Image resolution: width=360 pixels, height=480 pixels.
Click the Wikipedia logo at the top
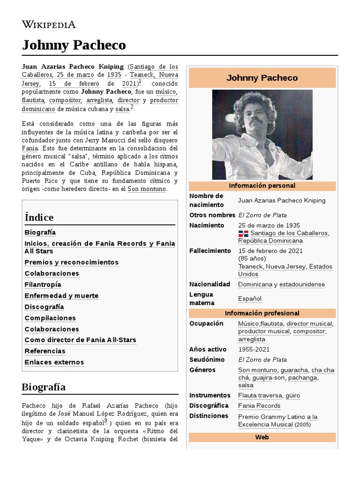point(49,24)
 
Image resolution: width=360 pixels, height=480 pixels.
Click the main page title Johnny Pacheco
point(74,45)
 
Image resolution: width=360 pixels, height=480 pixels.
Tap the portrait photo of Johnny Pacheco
point(262,135)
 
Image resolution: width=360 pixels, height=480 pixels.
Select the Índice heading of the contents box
point(39,217)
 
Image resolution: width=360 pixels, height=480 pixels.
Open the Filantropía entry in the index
point(43,285)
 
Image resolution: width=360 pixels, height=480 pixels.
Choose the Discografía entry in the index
point(44,307)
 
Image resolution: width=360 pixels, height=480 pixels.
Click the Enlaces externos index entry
point(54,362)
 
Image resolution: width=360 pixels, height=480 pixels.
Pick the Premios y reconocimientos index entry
point(71,262)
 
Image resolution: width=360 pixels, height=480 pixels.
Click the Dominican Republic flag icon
point(243,233)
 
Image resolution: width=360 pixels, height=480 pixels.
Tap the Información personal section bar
point(262,186)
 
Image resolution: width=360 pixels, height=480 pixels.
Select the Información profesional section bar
point(262,313)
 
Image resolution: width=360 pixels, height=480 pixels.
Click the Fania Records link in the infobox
point(259,406)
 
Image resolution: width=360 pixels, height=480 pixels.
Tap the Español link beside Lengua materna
point(250,299)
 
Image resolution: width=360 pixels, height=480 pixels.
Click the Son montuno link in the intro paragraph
point(147,189)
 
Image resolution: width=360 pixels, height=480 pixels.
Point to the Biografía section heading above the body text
point(44,387)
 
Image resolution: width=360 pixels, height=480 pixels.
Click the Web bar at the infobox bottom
point(262,437)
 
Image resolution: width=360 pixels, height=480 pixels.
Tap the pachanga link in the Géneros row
point(303,378)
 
